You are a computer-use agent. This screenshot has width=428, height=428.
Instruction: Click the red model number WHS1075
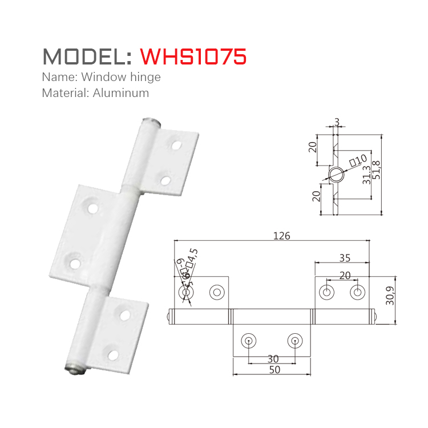click(193, 56)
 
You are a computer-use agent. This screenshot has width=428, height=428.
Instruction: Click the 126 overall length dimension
click(282, 236)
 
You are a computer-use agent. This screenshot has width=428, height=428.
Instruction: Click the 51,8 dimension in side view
click(376, 171)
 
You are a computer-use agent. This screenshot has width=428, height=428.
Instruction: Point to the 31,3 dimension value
click(366, 179)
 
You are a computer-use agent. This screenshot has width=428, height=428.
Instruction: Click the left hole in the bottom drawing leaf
click(249, 341)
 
